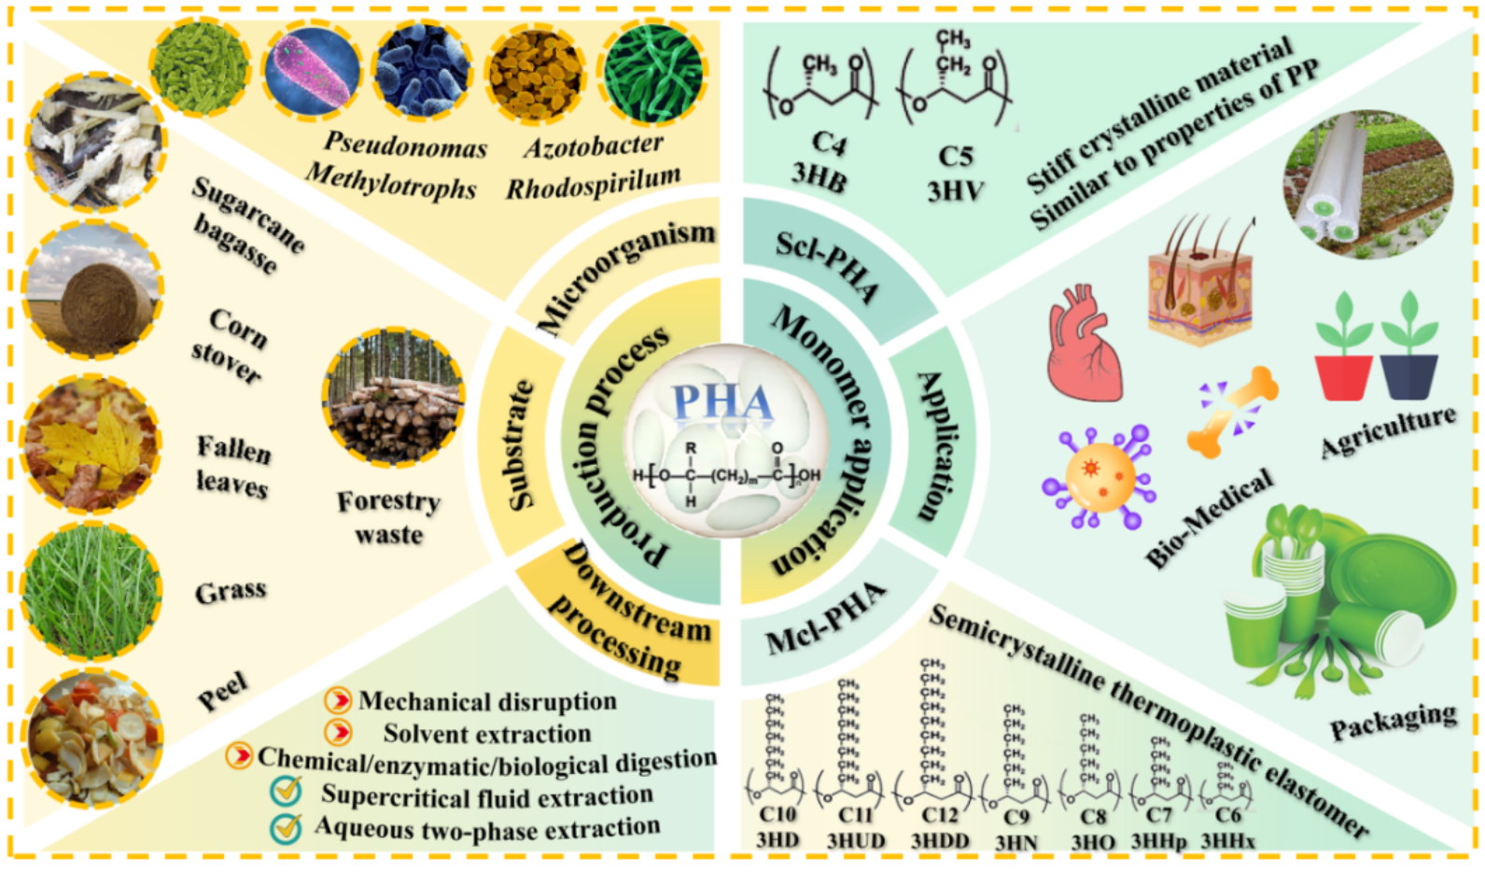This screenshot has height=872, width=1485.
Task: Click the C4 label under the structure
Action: (827, 143)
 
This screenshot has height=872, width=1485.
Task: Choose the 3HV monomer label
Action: (954, 190)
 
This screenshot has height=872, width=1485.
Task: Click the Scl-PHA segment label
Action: (827, 266)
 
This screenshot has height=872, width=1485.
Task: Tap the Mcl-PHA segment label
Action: (825, 621)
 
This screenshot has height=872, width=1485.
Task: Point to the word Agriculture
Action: (1388, 431)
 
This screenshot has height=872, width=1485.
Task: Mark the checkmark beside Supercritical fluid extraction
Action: (287, 793)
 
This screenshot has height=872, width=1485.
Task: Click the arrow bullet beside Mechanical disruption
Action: (337, 700)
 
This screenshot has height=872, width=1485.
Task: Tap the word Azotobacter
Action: (594, 146)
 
